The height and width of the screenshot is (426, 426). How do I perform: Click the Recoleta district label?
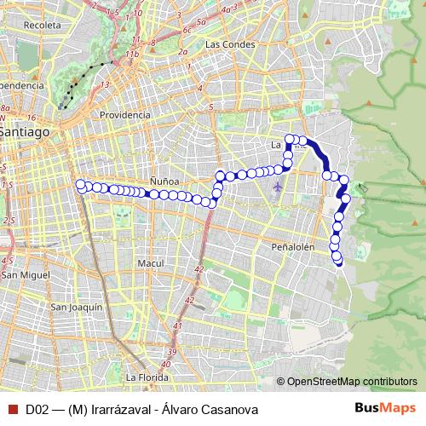[43, 26]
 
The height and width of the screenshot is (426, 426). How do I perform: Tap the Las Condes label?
[226, 43]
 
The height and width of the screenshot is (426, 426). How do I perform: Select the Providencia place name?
[124, 114]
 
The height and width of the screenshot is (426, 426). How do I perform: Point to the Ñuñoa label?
[164, 181]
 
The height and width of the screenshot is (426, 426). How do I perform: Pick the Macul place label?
[150, 263]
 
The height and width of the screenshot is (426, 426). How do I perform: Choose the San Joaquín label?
[77, 307]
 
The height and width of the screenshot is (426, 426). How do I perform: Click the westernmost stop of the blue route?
[81, 184]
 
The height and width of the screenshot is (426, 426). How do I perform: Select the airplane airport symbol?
[278, 186]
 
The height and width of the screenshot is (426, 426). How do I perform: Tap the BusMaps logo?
[385, 408]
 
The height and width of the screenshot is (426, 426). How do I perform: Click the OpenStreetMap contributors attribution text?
[351, 381]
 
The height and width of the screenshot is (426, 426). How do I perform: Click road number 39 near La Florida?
[172, 352]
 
